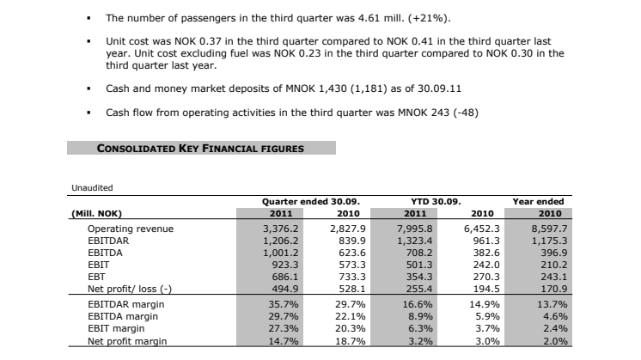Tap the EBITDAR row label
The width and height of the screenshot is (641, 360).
coord(110,241)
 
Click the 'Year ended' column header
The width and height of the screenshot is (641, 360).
coord(538,201)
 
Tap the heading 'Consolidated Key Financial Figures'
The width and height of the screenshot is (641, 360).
coord(200,149)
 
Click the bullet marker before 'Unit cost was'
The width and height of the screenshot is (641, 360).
coord(89,41)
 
